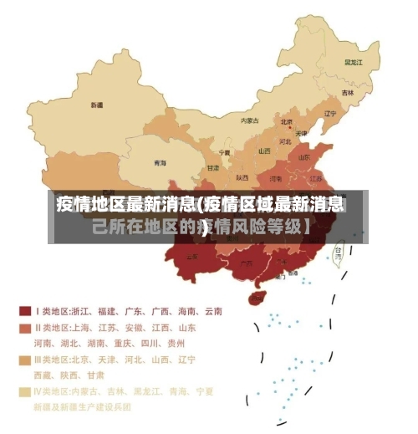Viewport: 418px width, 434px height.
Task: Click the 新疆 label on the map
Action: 98,105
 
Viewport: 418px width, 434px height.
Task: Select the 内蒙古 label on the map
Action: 250,120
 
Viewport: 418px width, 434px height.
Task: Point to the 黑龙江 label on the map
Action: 353,62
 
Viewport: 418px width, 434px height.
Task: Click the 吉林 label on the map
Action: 348,92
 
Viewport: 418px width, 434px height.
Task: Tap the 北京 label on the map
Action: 287,120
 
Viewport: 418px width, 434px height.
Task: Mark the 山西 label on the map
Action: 264,151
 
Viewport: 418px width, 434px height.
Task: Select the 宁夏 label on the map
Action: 224,153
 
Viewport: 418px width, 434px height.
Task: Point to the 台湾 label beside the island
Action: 339,249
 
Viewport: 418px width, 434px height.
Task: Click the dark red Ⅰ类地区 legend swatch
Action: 24,310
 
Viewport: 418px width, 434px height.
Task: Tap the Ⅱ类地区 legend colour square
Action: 24,327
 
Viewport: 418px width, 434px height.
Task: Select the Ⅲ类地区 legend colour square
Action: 24,360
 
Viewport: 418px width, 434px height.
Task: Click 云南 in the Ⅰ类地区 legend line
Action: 212,311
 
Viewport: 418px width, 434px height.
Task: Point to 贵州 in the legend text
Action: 176,343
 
